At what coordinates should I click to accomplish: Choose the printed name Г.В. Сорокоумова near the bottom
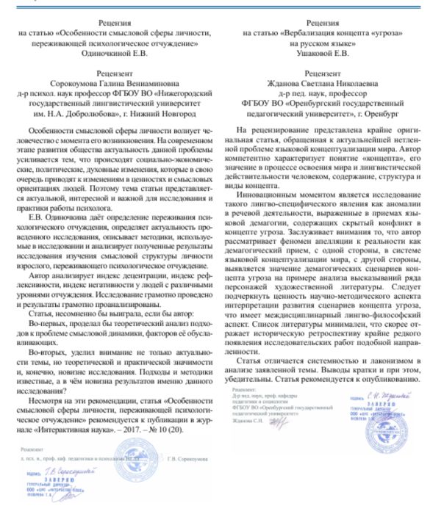[x=183, y=449]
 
